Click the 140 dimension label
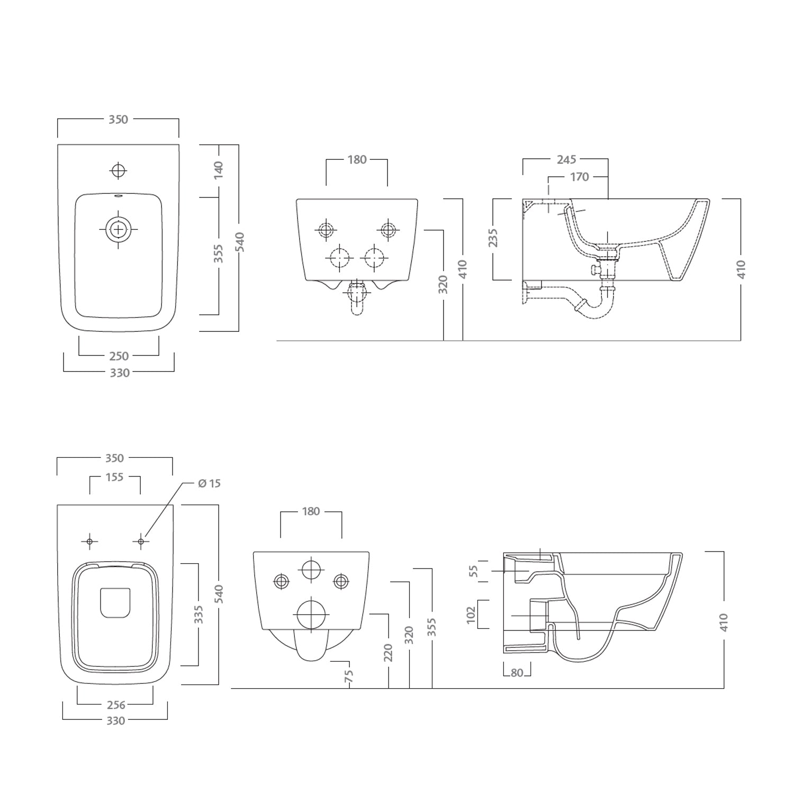point(219,170)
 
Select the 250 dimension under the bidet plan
point(119,356)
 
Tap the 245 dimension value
point(566,159)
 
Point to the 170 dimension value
point(579,177)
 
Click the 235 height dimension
point(493,238)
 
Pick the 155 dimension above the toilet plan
point(114,477)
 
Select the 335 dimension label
point(198,615)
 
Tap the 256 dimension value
point(116,705)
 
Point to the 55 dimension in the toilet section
point(474,571)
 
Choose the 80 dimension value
point(517,673)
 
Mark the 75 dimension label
point(348,676)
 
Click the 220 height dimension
point(389,653)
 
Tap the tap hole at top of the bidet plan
point(118,170)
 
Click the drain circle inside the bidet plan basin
point(118,230)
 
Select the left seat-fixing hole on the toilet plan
point(89,541)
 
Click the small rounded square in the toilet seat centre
point(115,603)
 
